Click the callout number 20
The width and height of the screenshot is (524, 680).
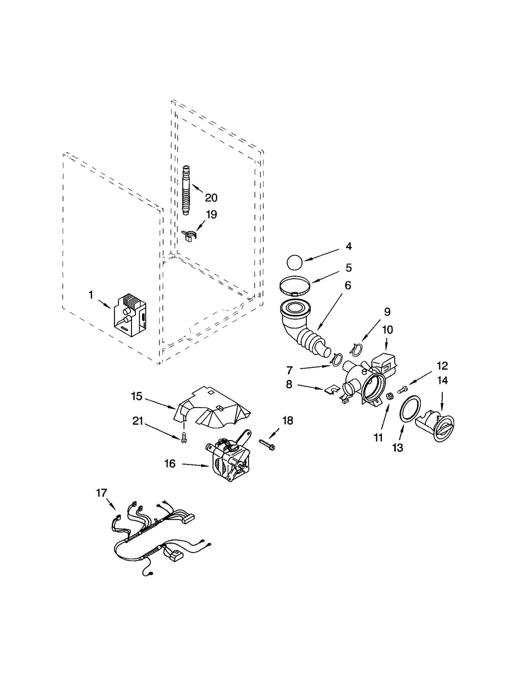click(211, 198)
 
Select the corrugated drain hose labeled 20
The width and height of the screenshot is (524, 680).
click(186, 190)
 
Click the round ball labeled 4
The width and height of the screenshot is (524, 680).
click(294, 262)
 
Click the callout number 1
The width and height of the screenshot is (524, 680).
click(91, 295)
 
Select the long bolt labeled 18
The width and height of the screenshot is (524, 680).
click(268, 444)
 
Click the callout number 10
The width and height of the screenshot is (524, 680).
click(387, 330)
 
